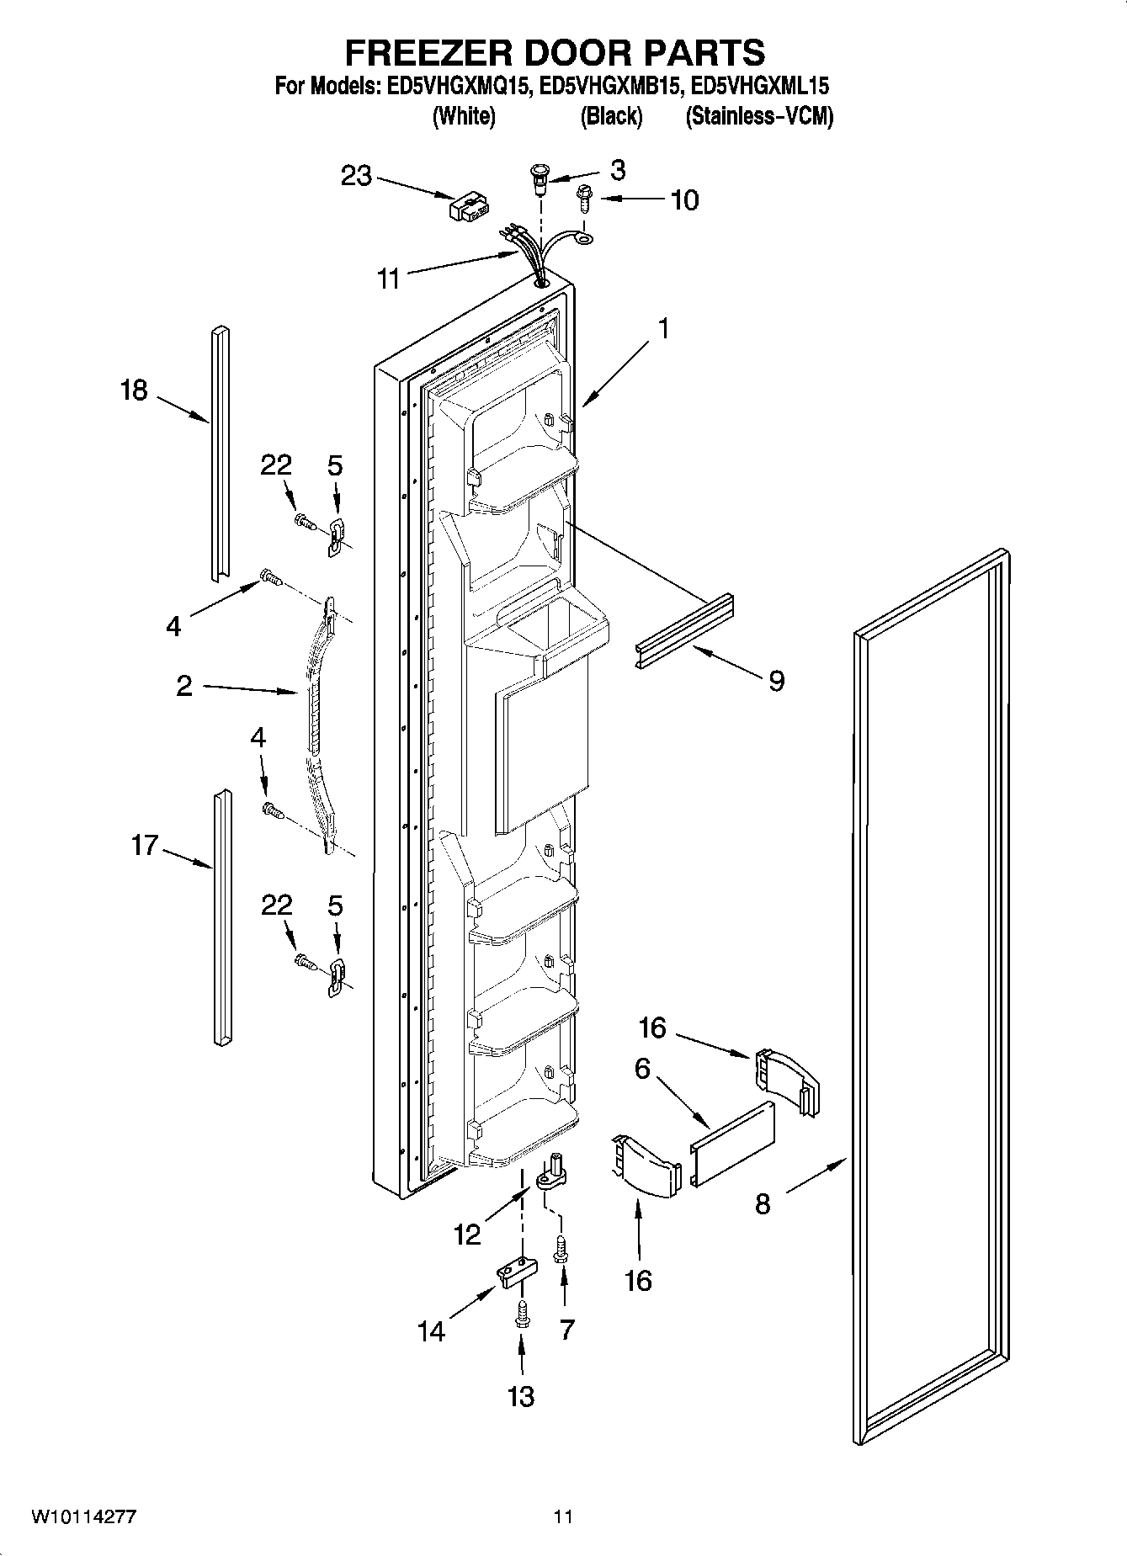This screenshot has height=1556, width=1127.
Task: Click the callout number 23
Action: pyautogui.click(x=356, y=177)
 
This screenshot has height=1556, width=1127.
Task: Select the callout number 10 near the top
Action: pyautogui.click(x=684, y=200)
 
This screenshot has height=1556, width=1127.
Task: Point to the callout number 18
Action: pyautogui.click(x=134, y=390)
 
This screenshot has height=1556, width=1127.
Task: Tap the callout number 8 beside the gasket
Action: pyautogui.click(x=762, y=1204)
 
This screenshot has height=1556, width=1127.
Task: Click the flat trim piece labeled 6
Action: pyautogui.click(x=731, y=1143)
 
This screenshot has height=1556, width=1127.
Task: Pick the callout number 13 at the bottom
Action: pyautogui.click(x=521, y=1396)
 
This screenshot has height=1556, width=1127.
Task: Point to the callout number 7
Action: pyautogui.click(x=566, y=1330)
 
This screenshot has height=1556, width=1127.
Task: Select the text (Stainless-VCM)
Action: pyautogui.click(x=759, y=116)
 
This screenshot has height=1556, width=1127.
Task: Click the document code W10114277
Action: pyautogui.click(x=83, y=1516)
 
